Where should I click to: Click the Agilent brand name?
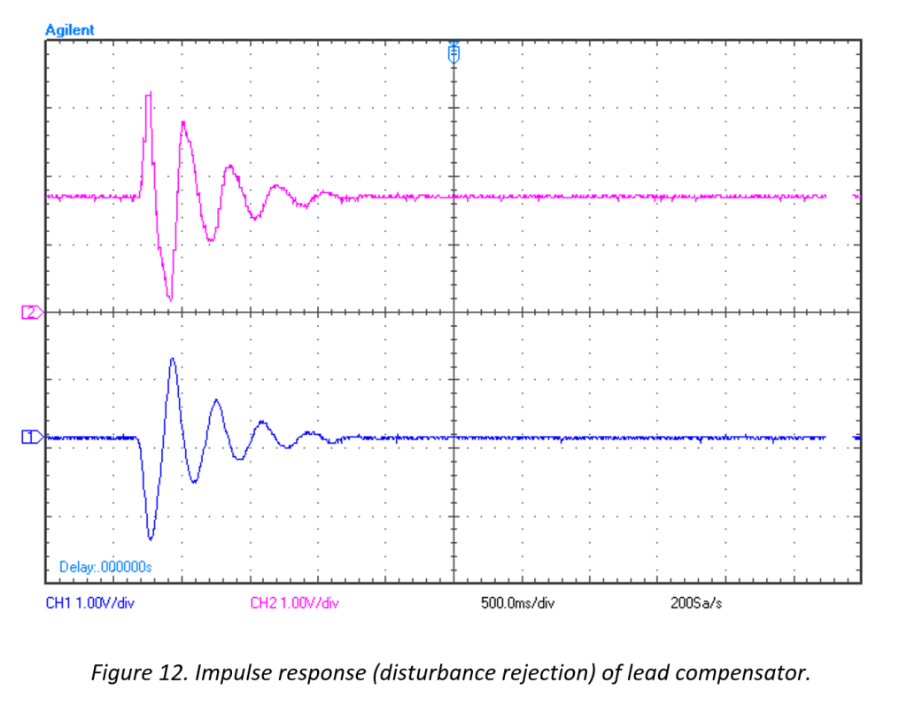click(69, 30)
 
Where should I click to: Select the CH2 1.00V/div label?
click(294, 603)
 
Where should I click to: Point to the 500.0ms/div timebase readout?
click(517, 603)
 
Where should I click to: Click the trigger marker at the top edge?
click(453, 54)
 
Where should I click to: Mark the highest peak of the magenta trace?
click(149, 92)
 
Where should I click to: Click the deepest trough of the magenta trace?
click(170, 299)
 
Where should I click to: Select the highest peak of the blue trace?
click(173, 359)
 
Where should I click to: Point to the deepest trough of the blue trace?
click(151, 538)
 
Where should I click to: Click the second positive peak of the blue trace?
click(215, 400)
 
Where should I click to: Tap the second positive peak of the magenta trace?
click(183, 122)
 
